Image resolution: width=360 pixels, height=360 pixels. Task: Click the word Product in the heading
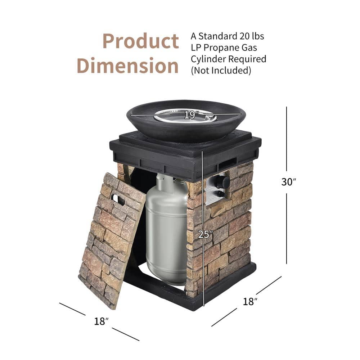[x=141, y=42]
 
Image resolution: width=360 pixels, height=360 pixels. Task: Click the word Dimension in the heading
[x=128, y=66]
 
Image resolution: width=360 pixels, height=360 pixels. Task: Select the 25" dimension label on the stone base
[x=206, y=234]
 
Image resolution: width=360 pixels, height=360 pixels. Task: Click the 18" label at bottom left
[x=101, y=321]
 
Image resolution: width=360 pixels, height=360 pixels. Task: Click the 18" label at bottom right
[x=251, y=302]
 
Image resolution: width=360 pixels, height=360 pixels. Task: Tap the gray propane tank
[x=166, y=230]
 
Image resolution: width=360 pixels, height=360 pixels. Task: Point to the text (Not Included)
[x=221, y=70]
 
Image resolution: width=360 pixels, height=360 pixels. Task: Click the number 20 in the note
[x=244, y=36]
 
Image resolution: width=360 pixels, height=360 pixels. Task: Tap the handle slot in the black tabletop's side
[x=228, y=163]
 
